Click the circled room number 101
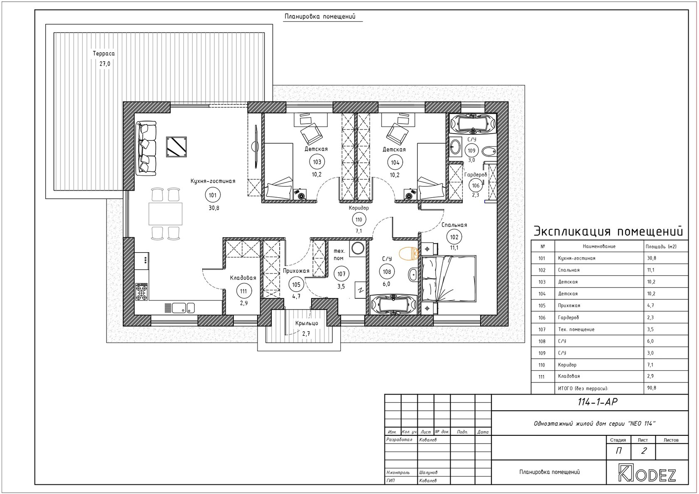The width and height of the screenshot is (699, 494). pyautogui.click(x=213, y=195)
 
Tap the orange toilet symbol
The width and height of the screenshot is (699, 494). pyautogui.click(x=409, y=253)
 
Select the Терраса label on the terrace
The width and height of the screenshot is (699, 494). pyautogui.click(x=104, y=53)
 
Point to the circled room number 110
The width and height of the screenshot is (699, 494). pyautogui.click(x=359, y=220)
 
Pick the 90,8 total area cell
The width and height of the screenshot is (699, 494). pyautogui.click(x=652, y=388)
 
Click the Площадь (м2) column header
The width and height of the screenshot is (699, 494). pyautogui.click(x=661, y=246)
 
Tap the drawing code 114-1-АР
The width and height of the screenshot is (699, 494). pyautogui.click(x=597, y=402)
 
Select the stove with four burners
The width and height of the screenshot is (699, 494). pyautogui.click(x=141, y=292)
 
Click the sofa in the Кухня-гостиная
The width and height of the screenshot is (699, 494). pyautogui.click(x=146, y=148)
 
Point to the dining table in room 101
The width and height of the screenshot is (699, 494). pyautogui.click(x=166, y=214)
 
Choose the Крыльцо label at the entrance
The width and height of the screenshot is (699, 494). pyautogui.click(x=307, y=323)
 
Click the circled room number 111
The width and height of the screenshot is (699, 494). pyautogui.click(x=244, y=291)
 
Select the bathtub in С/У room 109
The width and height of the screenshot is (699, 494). pyautogui.click(x=473, y=124)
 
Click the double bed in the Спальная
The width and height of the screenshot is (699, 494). pyautogui.click(x=449, y=279)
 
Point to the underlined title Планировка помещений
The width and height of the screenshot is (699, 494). pyautogui.click(x=320, y=17)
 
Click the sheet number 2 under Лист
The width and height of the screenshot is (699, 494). pyautogui.click(x=643, y=451)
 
